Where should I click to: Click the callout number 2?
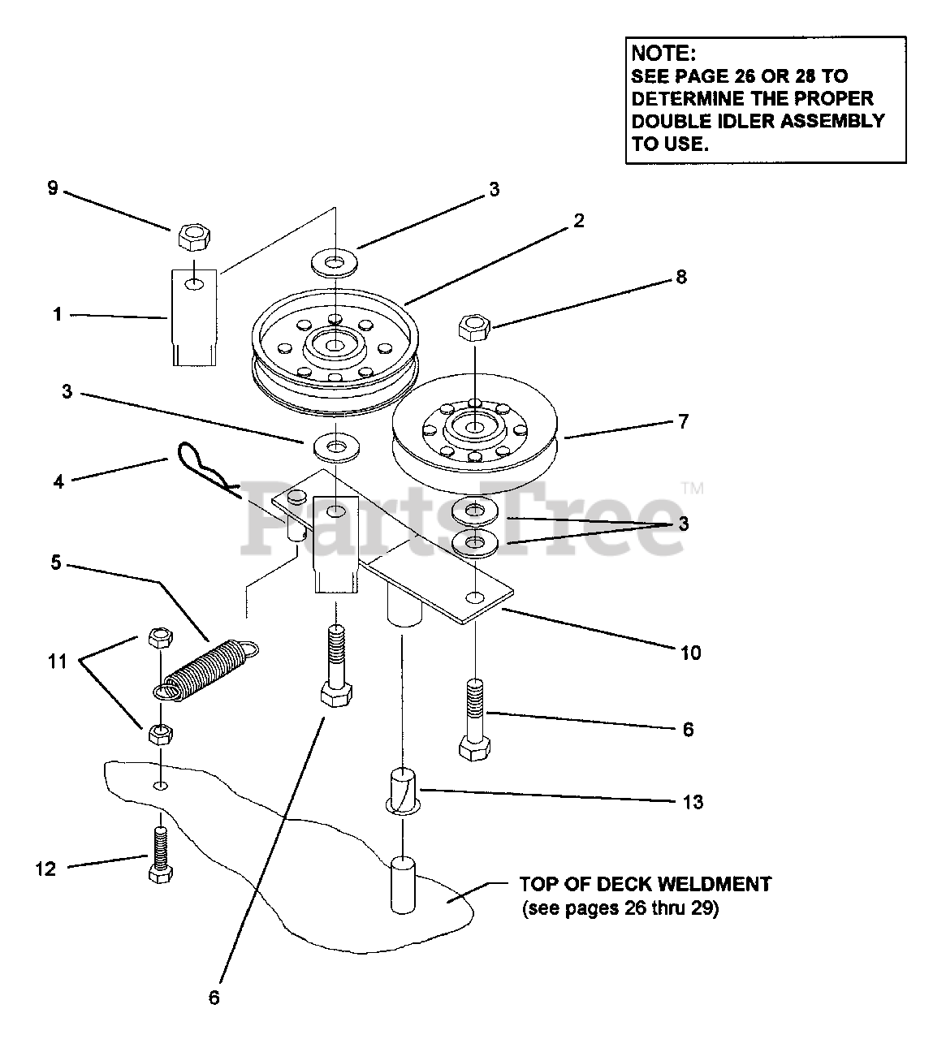pos(578,221)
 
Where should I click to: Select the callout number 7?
pos(683,422)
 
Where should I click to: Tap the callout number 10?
pos(690,653)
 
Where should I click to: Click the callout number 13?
pos(693,802)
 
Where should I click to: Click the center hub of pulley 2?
pos(334,345)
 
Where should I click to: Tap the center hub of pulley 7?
pos(473,426)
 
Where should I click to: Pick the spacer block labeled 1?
pos(193,317)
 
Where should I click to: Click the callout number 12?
pos(46,869)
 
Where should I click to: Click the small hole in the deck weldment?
pos(161,785)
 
